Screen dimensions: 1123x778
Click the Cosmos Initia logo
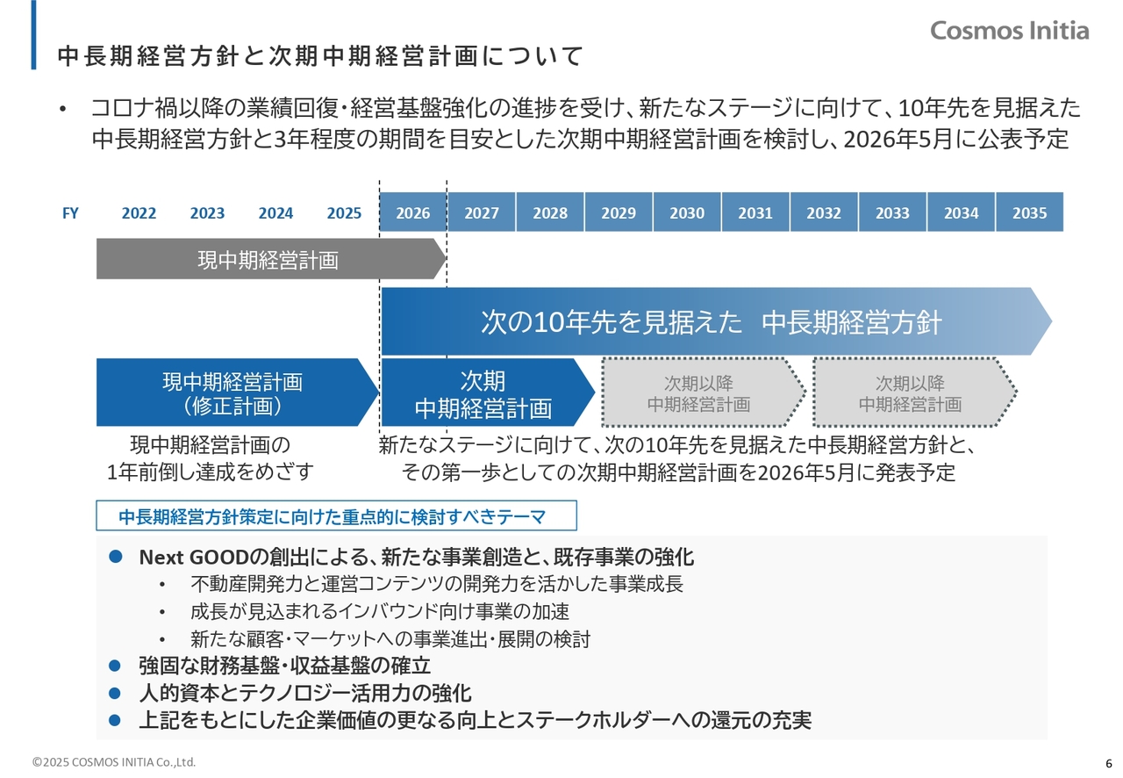(x=1009, y=31)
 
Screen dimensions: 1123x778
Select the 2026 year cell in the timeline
(x=413, y=212)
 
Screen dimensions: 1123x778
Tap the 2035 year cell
(x=1029, y=212)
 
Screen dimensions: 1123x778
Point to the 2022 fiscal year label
(x=139, y=213)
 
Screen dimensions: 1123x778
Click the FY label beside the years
(x=70, y=213)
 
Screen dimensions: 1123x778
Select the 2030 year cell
(x=687, y=212)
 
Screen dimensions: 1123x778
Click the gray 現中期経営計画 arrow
(x=271, y=259)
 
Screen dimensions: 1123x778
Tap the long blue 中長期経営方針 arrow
(x=717, y=321)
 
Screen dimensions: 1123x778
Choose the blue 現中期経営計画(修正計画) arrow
(x=237, y=392)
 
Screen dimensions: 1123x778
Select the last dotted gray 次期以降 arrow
(x=914, y=392)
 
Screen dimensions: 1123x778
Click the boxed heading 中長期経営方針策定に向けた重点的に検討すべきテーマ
(x=336, y=515)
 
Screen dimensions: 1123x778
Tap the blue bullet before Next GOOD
(x=115, y=556)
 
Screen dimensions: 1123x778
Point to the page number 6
(x=1108, y=763)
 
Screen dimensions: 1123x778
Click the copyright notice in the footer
(x=114, y=762)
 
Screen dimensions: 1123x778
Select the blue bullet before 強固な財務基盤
(x=115, y=666)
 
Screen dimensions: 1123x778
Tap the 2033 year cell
(x=892, y=212)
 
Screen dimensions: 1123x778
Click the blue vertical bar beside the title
(x=33, y=34)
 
